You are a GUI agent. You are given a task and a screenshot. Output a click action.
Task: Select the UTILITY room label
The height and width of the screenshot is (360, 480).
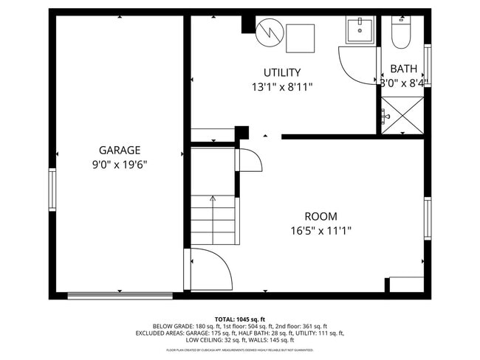pyautogui.click(x=282, y=72)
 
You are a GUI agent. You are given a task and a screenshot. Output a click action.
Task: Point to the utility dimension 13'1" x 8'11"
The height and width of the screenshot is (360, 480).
pyautogui.click(x=282, y=86)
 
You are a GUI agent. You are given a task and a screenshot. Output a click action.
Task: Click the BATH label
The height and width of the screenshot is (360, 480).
pyautogui.click(x=403, y=69)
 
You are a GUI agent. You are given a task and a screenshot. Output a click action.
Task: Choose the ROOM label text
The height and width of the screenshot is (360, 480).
pyautogui.click(x=320, y=216)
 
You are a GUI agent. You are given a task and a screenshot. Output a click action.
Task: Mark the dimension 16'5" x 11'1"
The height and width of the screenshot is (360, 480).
pyautogui.click(x=320, y=230)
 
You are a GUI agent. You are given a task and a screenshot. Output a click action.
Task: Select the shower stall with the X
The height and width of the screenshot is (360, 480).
pyautogui.click(x=402, y=115)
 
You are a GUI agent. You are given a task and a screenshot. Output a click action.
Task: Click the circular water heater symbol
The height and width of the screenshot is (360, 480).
pyautogui.click(x=269, y=32)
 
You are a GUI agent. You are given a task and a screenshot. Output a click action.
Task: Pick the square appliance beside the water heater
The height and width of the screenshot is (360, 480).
pyautogui.click(x=300, y=38)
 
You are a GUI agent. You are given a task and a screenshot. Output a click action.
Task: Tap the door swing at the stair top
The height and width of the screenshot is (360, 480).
pyautogui.click(x=250, y=158)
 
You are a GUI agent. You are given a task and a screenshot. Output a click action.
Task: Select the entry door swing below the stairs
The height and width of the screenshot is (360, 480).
pyautogui.click(x=210, y=269)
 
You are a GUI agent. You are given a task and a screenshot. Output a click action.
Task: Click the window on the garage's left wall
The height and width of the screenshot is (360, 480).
pyautogui.click(x=52, y=190)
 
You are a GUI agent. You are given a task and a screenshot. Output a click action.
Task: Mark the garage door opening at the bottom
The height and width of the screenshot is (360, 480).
pyautogui.click(x=120, y=296)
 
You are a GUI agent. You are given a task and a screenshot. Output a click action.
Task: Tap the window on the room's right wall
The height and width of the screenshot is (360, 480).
pyautogui.click(x=427, y=218)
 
